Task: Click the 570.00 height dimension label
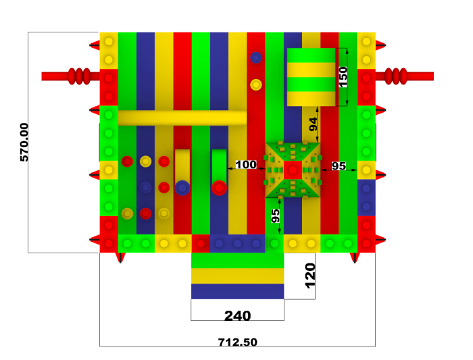tap(24, 143)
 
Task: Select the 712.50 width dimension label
tap(238, 342)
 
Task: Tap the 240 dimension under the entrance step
tap(238, 315)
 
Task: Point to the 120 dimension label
tap(310, 276)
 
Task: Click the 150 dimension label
tap(343, 77)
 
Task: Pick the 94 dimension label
tap(314, 124)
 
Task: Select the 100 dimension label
tap(246, 165)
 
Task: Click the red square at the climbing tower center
tap(293, 170)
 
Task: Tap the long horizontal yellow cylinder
tap(182, 118)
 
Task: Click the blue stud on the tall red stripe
tap(256, 57)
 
